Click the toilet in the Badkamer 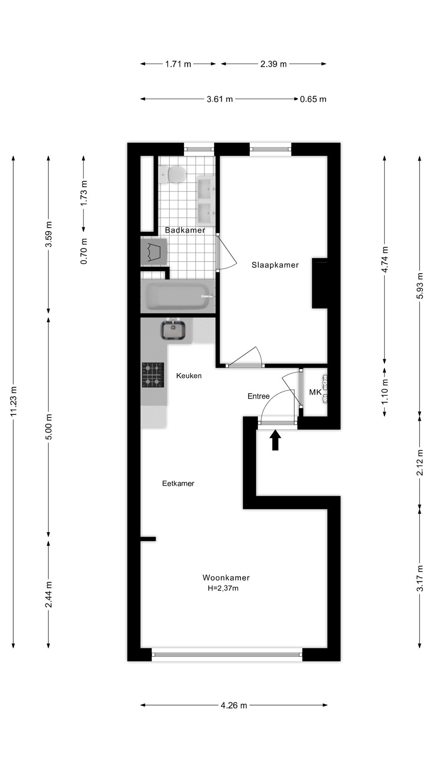174,175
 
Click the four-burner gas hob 153,375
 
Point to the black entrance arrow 275,440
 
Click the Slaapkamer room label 275,265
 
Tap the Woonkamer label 226,578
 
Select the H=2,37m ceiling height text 223,588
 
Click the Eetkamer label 178,483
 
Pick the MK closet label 315,392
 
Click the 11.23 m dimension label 14,401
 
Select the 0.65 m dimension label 313,99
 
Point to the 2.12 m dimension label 420,463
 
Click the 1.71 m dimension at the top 178,64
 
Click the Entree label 258,396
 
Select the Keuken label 189,376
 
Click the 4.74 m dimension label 384,260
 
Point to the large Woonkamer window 227,654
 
